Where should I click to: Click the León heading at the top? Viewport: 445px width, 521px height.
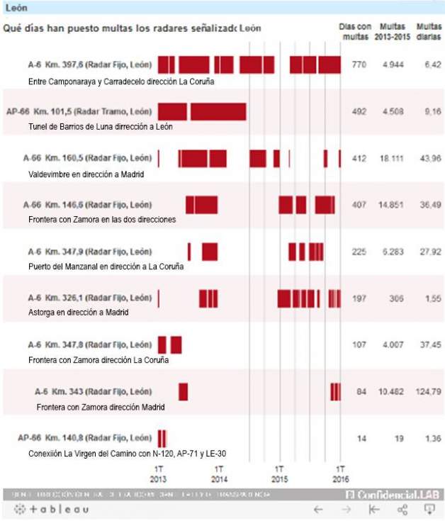click(16, 7)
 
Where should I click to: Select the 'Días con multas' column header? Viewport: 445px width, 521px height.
click(356, 30)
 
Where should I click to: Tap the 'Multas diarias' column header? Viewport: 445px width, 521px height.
click(428, 30)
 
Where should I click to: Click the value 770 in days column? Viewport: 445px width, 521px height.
click(359, 65)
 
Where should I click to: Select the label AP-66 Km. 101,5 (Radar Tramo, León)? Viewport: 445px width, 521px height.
click(79, 112)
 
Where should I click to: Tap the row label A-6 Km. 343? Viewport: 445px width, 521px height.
click(93, 392)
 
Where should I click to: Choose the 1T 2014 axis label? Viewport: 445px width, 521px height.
click(220, 474)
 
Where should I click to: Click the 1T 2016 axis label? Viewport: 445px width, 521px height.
click(340, 474)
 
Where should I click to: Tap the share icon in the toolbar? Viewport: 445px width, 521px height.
click(402, 509)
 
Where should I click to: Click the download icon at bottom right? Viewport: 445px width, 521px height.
click(429, 509)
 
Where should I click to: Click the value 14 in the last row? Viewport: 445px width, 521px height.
click(361, 439)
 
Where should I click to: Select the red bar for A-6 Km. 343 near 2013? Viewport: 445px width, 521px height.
click(183, 391)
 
